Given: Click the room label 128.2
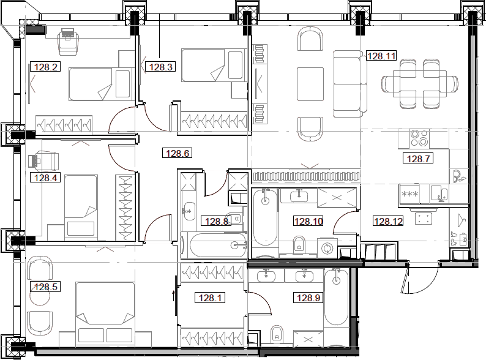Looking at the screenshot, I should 47,68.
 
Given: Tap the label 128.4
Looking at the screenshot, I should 45,178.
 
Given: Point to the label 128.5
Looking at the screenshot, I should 45,286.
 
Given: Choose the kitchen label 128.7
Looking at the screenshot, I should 417,159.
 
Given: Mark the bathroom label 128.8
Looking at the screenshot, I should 217,222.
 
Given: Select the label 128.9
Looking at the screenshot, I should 309,298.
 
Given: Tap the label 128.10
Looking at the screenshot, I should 308,222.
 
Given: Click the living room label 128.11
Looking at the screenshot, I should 381,56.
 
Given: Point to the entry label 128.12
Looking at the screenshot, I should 388,222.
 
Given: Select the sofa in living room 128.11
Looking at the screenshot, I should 348,84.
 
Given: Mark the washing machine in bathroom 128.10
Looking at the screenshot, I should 328,248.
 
